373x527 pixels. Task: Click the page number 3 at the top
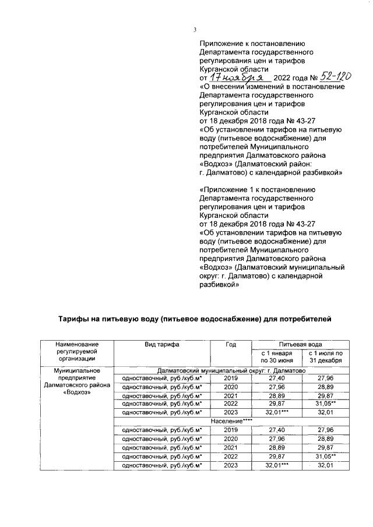click(x=195, y=30)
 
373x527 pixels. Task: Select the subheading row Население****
click(x=231, y=420)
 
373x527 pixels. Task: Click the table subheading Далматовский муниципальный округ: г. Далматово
click(x=231, y=370)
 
